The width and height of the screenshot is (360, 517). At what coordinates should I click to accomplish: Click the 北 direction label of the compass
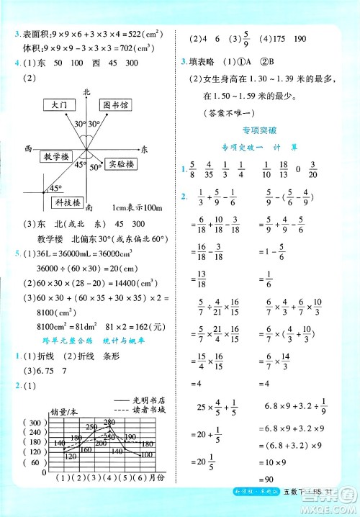pos(86,92)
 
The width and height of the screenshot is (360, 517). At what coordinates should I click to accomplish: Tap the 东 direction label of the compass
pos(145,149)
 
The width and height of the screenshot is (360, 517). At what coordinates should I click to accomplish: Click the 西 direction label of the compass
pos(28,148)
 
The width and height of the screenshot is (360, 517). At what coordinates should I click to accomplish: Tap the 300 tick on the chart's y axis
pos(35,423)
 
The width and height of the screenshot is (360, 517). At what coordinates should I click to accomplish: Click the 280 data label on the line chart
pos(109,421)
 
